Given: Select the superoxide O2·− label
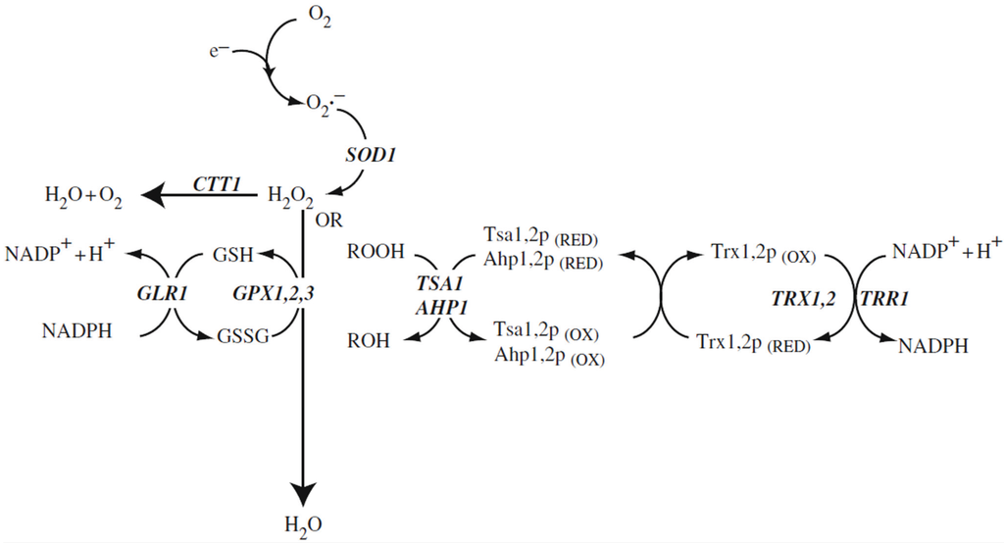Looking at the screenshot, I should (x=326, y=102).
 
